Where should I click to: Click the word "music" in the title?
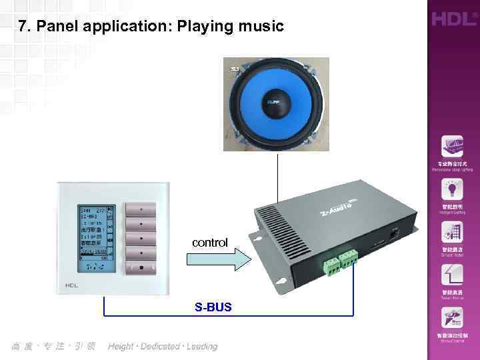(259, 27)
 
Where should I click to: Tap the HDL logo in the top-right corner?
(453, 18)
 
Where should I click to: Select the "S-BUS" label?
(213, 308)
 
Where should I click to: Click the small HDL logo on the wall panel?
(72, 286)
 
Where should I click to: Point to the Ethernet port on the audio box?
(394, 234)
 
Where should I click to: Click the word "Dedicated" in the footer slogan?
(161, 347)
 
